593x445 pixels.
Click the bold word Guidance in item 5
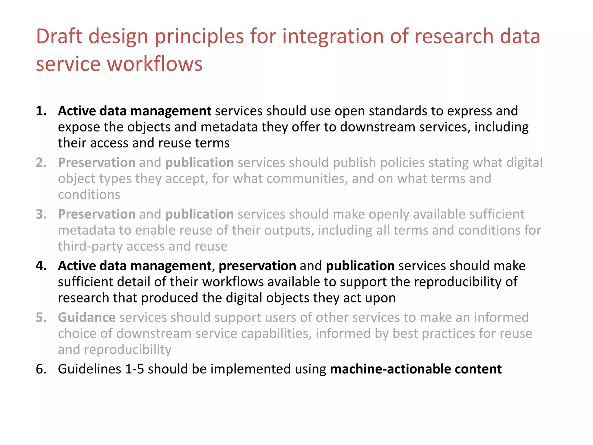[x=87, y=317]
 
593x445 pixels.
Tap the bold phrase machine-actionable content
[x=416, y=369]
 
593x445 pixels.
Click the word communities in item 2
[x=307, y=178]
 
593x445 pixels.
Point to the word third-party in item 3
[x=90, y=246]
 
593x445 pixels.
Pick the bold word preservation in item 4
[x=257, y=266]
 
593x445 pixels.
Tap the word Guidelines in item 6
[x=89, y=369]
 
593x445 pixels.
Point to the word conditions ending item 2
[x=89, y=195]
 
